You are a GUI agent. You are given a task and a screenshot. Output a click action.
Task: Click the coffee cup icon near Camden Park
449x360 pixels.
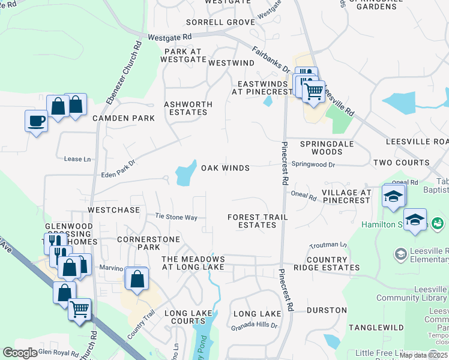coord(36,121)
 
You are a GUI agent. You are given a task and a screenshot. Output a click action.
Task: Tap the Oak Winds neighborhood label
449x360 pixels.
coord(225,168)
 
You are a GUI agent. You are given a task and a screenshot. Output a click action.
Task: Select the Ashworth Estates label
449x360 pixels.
coord(188,108)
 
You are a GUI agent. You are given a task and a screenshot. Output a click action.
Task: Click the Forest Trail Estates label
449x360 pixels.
coord(258,221)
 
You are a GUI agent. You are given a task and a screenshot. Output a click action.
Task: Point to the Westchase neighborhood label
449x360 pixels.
coord(113,211)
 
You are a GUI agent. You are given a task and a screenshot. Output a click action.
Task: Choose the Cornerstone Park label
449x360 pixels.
coord(139,242)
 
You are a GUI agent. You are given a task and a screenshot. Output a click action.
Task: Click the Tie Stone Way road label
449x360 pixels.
coord(176,217)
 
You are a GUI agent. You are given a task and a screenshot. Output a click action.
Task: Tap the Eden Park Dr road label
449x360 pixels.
coord(119,166)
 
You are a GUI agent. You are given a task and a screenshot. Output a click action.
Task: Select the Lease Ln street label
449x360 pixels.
coord(77,159)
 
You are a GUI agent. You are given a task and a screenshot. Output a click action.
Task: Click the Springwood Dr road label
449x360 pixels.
coord(313,163)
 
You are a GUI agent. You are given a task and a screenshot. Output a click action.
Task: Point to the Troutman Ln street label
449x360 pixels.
coord(328,245)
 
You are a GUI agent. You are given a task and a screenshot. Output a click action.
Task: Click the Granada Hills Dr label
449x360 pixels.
coord(255,326)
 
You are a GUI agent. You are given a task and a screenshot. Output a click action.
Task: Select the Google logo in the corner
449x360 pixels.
coord(20,353)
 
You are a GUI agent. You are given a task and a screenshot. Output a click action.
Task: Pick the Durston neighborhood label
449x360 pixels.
coord(327,310)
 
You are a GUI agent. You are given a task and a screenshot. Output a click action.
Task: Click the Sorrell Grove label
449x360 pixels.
coord(212,22)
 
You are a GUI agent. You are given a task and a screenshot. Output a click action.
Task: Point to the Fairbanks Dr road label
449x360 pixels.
coord(271,60)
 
